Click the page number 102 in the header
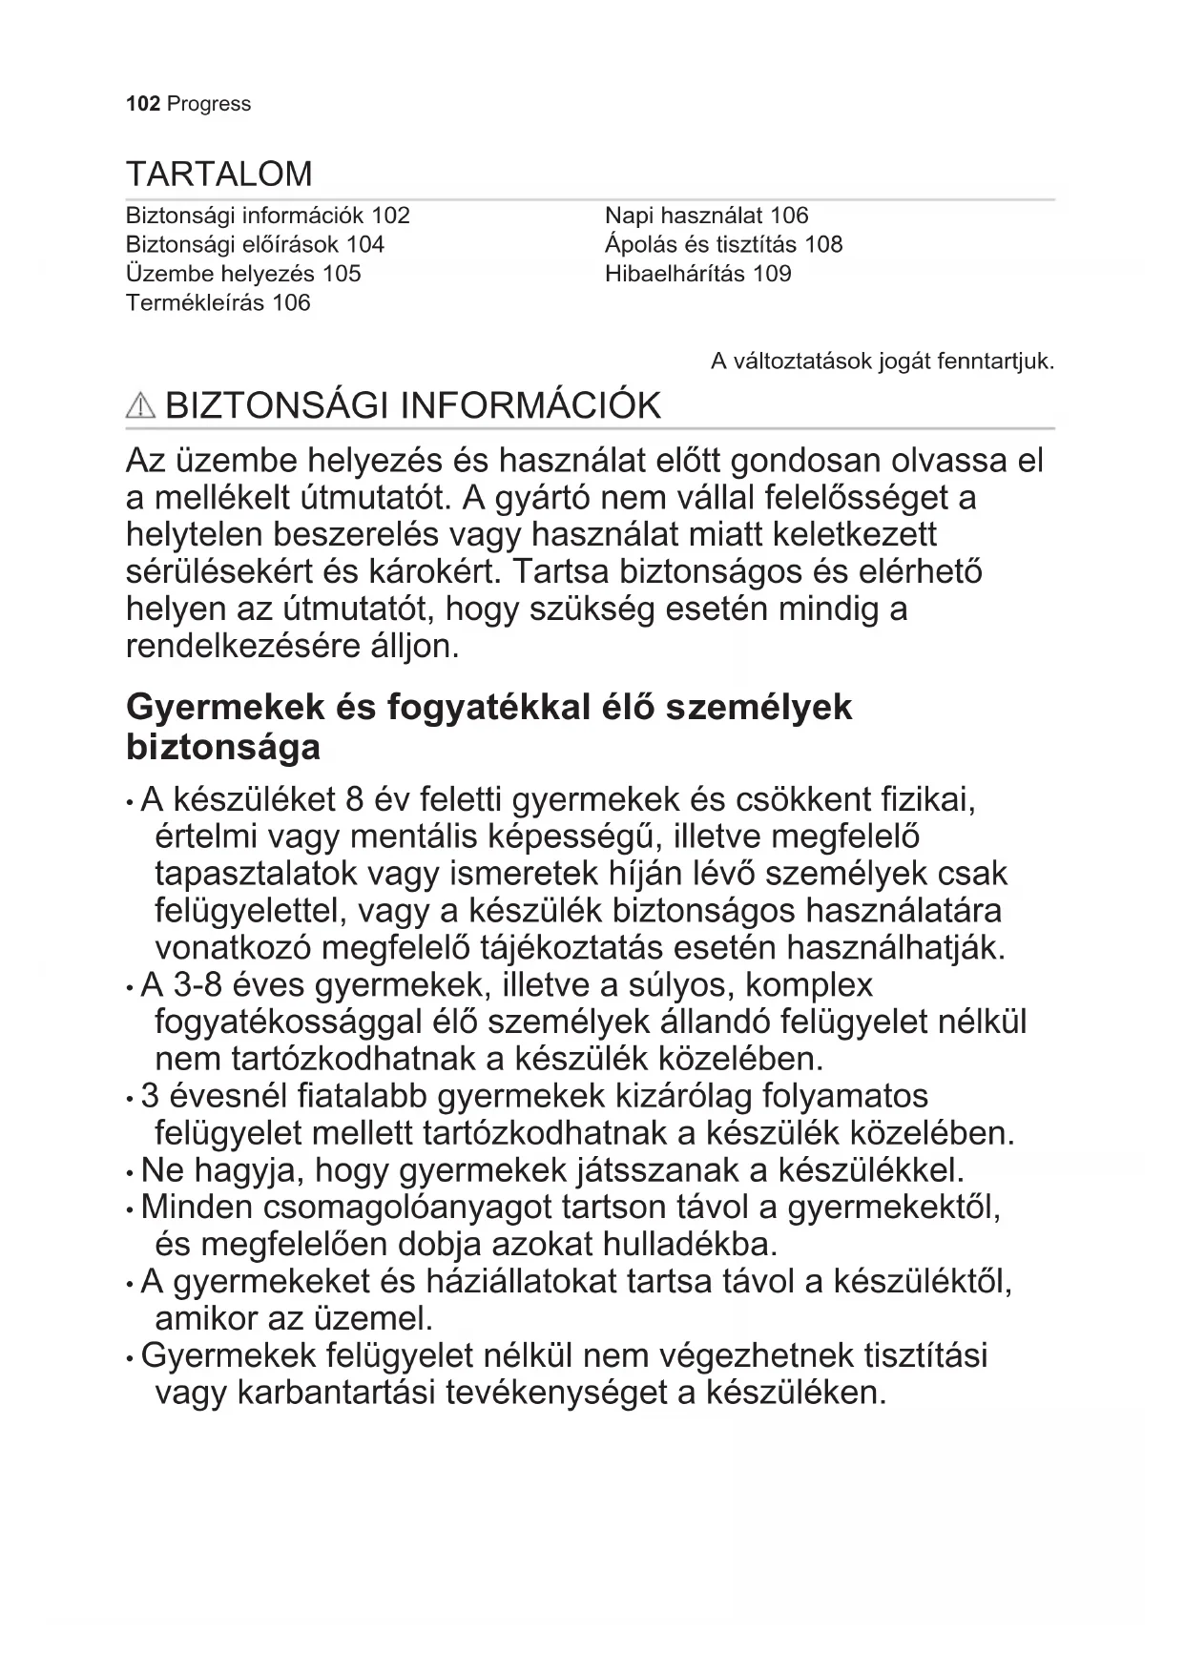142,104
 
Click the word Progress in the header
208,104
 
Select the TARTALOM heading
219,175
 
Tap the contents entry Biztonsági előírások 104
255,245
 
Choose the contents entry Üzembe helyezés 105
243,274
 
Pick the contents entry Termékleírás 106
218,303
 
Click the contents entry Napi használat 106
706,216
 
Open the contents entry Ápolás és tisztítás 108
723,245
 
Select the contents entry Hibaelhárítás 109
697,274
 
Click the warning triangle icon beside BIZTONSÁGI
140,406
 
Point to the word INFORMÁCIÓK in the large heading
530,406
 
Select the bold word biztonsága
223,747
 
